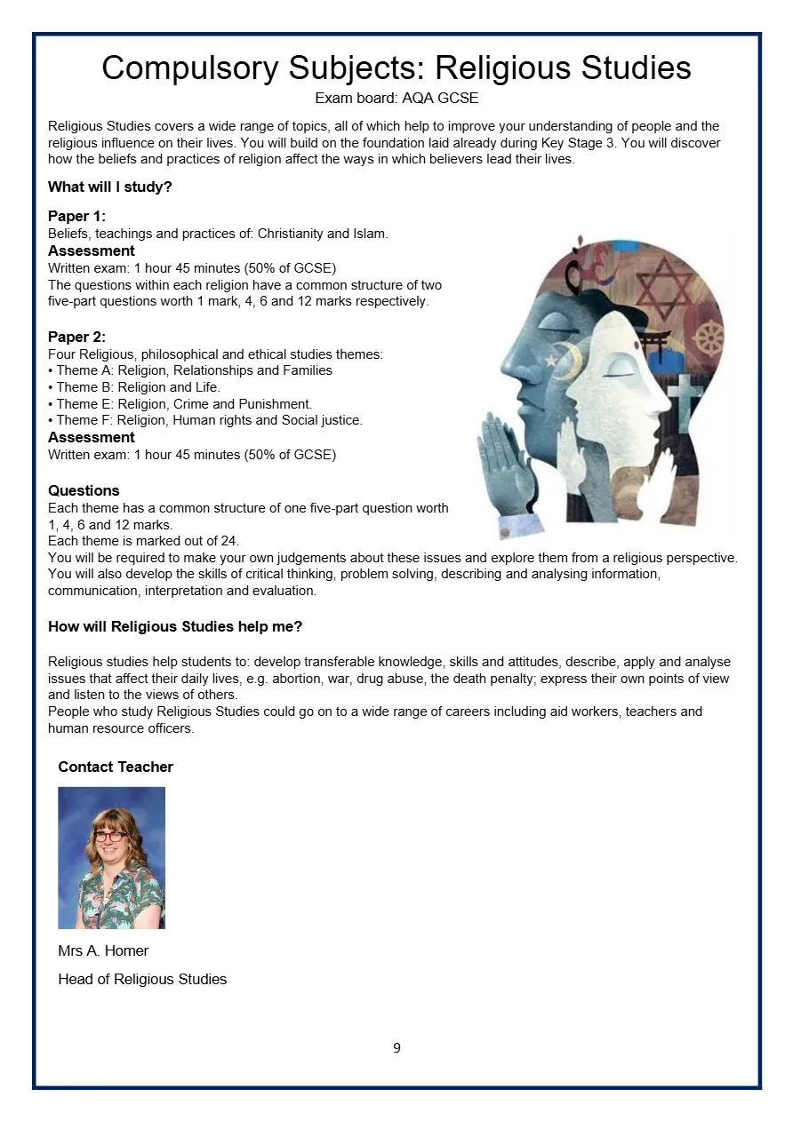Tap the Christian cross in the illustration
point(685,396)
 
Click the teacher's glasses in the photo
point(110,836)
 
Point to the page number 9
point(396,1048)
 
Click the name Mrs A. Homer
point(103,950)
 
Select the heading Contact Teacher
point(116,767)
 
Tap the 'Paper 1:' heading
point(76,217)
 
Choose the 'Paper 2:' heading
point(76,337)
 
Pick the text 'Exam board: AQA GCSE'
point(396,98)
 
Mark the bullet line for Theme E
point(180,404)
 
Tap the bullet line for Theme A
point(189,370)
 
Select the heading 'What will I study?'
point(109,187)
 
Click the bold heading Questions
point(84,490)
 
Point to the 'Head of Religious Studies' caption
point(142,979)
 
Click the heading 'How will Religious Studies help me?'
point(175,626)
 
